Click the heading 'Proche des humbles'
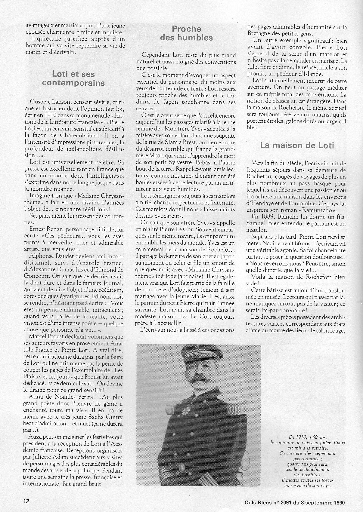(186, 33)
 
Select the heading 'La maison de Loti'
(297, 145)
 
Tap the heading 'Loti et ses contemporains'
(73, 78)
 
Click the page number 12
(26, 501)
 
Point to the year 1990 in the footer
(337, 501)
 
